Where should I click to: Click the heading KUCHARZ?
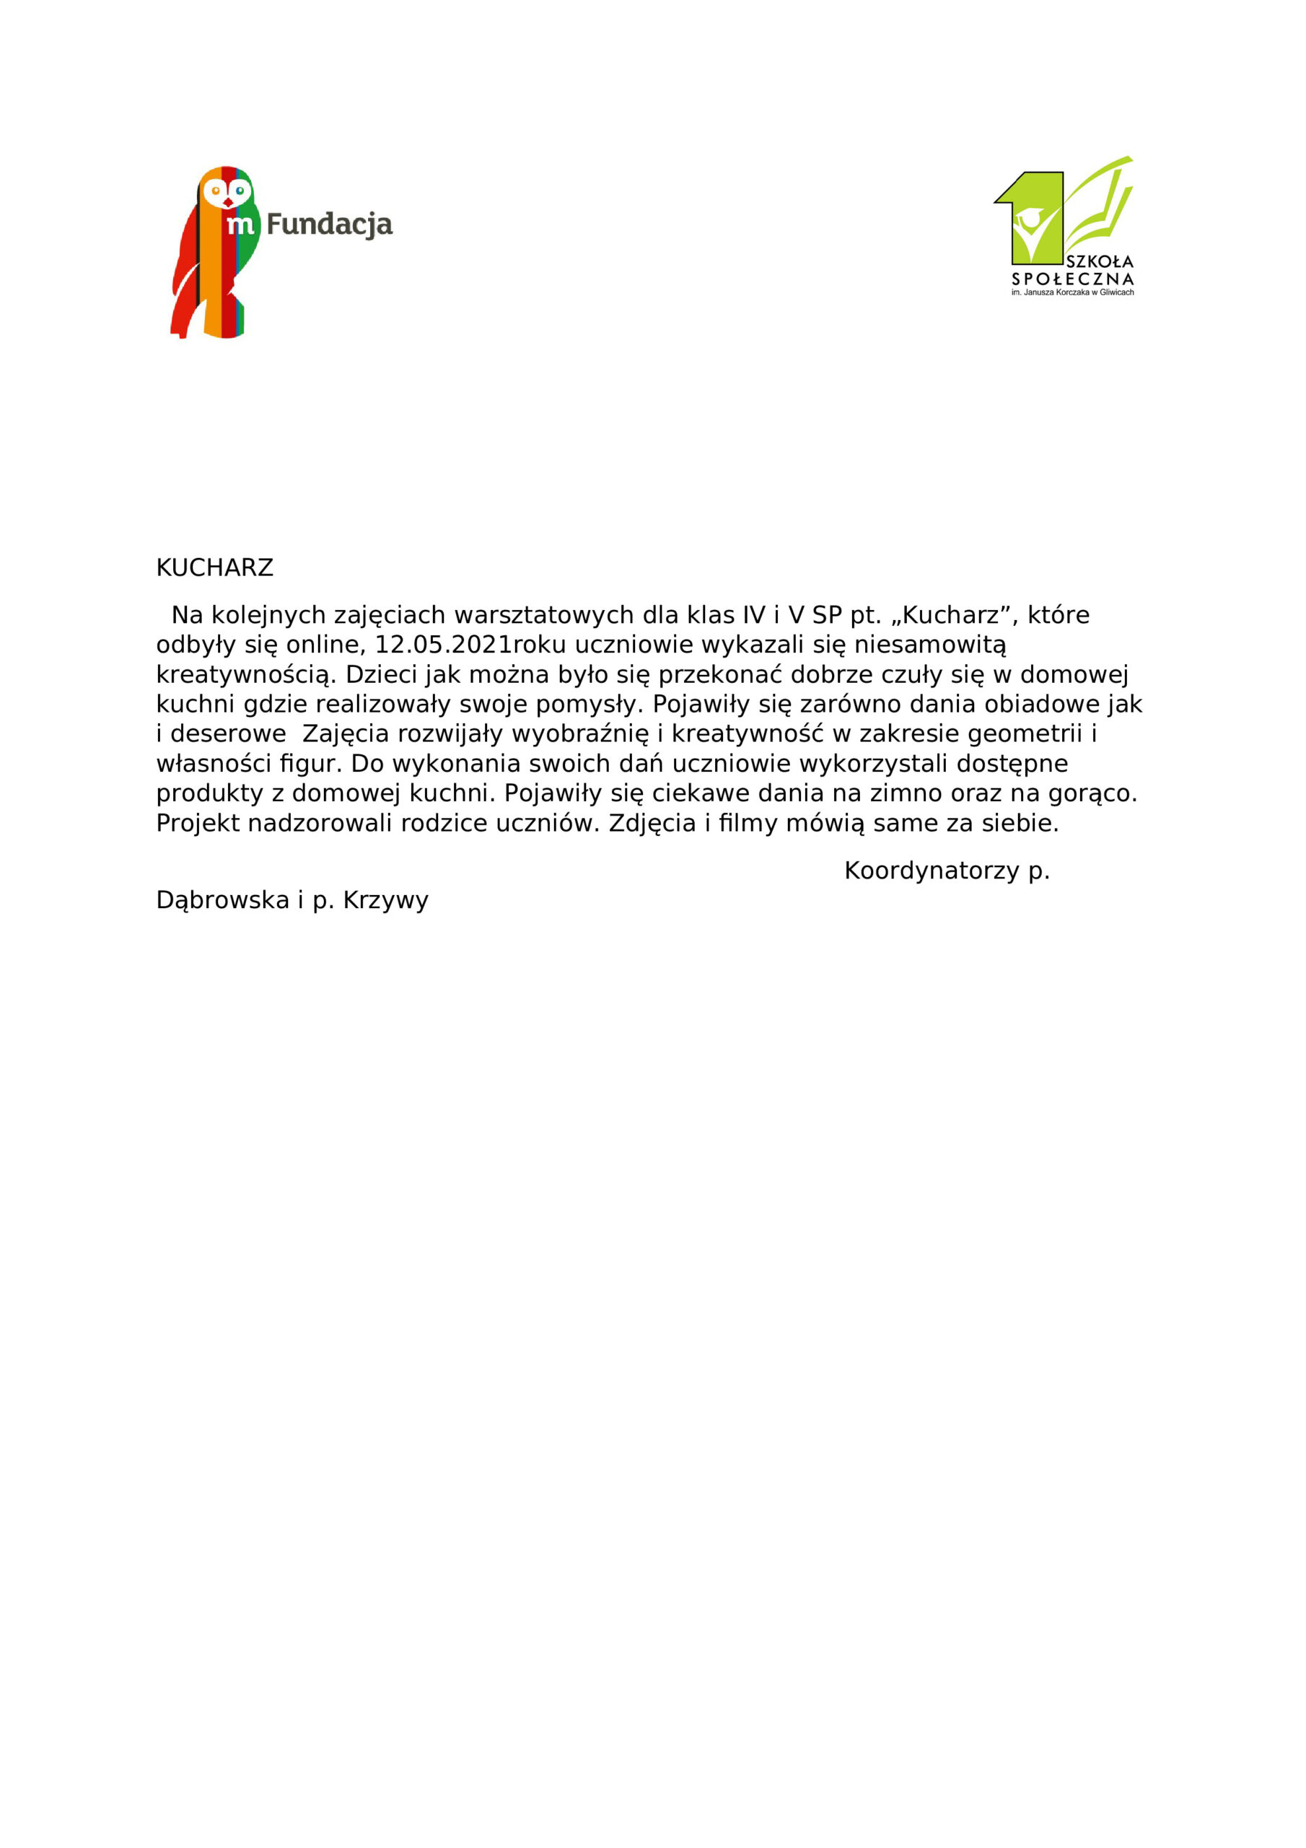pos(214,568)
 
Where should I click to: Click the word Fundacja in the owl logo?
pos(329,225)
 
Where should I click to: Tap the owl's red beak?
pos(228,202)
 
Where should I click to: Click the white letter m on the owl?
pos(240,225)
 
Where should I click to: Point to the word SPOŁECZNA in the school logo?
pos(1073,279)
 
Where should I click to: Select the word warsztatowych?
pos(544,616)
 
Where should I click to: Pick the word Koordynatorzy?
pos(932,871)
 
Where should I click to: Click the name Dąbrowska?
pos(222,900)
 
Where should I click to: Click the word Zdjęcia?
pos(652,824)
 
